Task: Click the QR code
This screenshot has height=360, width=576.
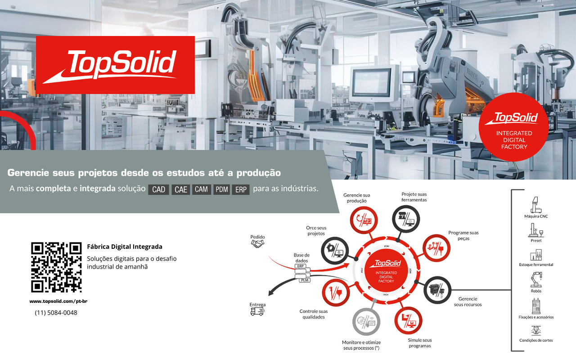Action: point(56,267)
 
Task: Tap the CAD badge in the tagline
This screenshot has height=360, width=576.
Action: point(159,189)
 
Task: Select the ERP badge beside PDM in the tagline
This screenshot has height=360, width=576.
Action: point(241,189)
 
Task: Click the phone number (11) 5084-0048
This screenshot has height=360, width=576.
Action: point(56,312)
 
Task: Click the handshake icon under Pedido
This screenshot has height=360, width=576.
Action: point(257,243)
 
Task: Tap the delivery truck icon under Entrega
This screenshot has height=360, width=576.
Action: point(257,311)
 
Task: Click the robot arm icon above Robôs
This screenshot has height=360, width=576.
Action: point(536,280)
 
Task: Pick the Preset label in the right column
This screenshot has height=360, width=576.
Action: point(536,241)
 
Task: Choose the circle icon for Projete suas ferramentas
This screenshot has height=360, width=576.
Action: point(406,219)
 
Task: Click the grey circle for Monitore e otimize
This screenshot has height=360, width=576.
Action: point(366,321)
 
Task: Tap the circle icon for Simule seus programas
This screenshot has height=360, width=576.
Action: point(408,319)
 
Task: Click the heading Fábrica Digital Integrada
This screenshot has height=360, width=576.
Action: point(125,247)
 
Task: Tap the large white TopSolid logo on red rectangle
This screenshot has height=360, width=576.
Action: point(115,65)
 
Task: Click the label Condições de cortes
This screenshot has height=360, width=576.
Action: point(536,340)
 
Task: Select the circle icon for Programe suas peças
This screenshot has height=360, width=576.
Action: point(437,248)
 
